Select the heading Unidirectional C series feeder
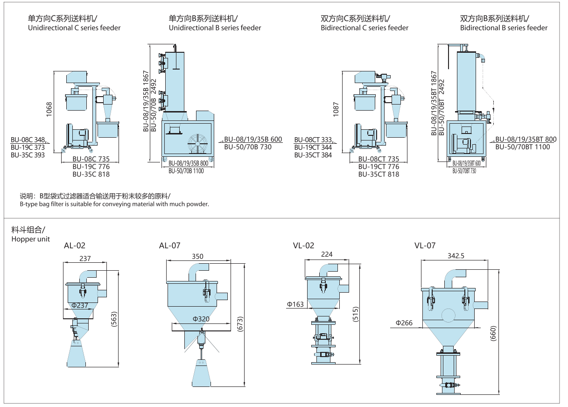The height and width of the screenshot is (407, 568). [x=74, y=28]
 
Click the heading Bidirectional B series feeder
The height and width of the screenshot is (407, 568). [x=504, y=28]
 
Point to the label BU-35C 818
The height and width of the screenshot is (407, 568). [x=91, y=174]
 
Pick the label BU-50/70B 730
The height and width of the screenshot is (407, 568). [x=248, y=147]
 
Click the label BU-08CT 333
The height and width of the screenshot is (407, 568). [x=313, y=140]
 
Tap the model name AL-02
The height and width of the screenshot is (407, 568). [x=75, y=246]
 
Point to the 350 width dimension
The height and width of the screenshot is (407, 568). [x=197, y=256]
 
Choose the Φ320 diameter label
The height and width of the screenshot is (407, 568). [x=201, y=319]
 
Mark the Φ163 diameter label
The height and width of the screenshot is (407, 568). [x=295, y=304]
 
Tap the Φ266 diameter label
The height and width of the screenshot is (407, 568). [x=404, y=323]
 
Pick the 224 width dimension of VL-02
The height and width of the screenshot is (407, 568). [x=327, y=254]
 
